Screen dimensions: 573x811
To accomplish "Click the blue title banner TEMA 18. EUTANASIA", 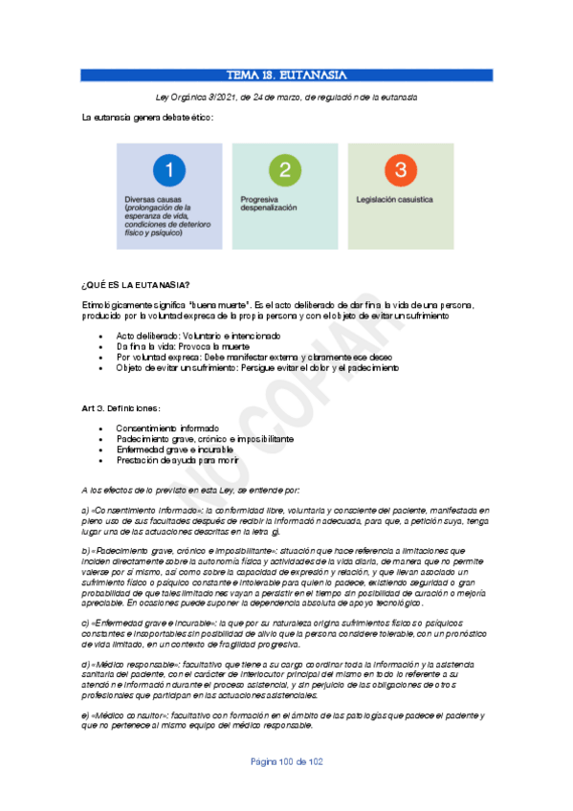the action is point(286,76).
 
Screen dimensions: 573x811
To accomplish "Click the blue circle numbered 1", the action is point(168,171).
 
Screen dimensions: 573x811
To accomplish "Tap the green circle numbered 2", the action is point(285,171).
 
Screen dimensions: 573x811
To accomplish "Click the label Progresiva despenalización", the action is point(269,203).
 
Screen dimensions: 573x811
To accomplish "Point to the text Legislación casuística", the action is point(396,200).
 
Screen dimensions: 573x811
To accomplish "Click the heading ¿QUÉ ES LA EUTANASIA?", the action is point(136,285).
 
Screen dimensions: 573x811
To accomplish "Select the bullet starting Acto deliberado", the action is point(198,336).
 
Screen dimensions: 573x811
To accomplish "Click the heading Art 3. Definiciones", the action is point(127,408).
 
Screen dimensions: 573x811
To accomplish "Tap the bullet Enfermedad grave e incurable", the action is point(174,449).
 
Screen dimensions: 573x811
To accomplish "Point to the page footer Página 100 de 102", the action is point(287,789).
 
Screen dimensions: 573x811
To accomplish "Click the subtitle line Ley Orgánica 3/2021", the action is point(286,98).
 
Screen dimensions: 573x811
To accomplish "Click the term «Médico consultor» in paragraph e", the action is point(128,714).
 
